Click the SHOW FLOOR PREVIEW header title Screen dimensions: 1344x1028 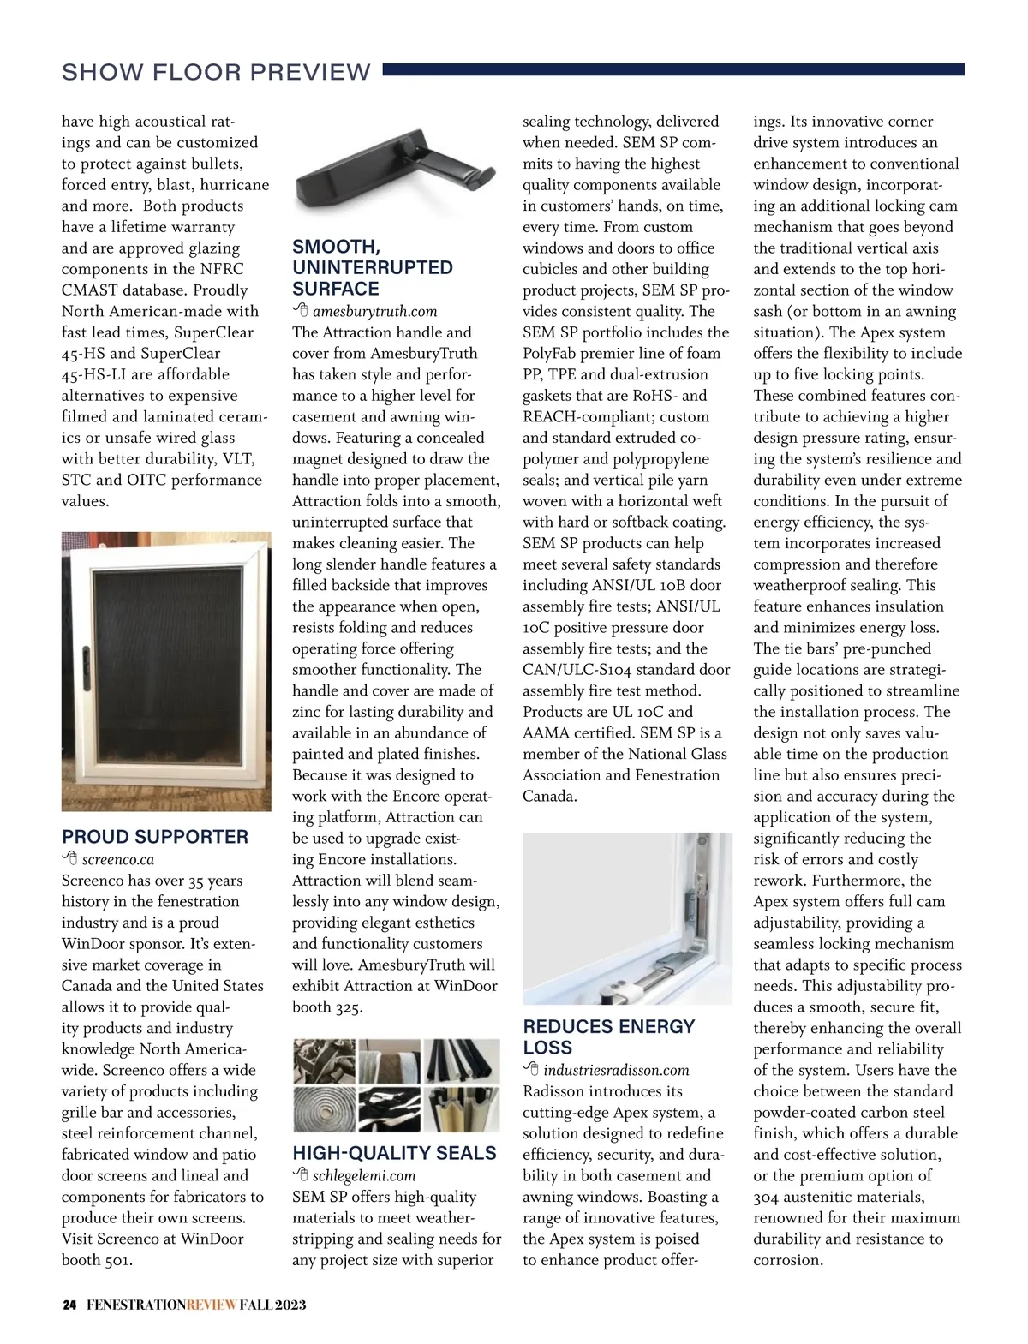(x=216, y=72)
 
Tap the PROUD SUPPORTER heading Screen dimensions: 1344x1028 (x=155, y=837)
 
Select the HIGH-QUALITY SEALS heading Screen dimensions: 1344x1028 (x=394, y=1153)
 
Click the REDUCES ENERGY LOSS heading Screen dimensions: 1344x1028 (x=608, y=1036)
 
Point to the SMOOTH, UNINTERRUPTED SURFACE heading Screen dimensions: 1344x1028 (x=373, y=267)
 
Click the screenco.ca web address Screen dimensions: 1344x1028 (x=118, y=859)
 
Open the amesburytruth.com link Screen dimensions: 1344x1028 (x=374, y=311)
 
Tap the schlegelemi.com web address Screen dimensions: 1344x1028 (x=364, y=1175)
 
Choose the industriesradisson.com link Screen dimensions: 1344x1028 (x=616, y=1070)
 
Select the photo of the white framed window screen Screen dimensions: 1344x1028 (x=166, y=671)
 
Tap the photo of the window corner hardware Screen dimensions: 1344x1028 (x=627, y=917)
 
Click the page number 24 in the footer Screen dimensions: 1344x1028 (x=69, y=1305)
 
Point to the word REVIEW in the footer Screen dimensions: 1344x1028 (x=212, y=1305)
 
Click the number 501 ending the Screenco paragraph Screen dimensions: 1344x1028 (x=118, y=1260)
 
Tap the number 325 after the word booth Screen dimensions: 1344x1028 (x=348, y=1007)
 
